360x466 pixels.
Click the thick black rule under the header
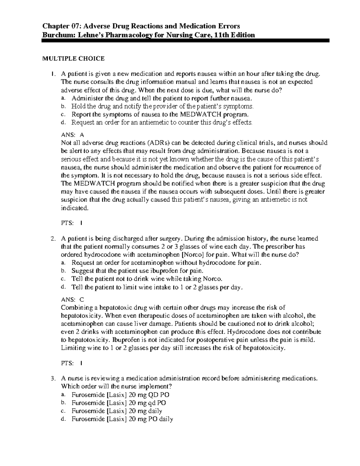coord(186,41)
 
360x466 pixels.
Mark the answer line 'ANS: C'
coord(72,299)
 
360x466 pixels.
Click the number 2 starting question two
coord(53,239)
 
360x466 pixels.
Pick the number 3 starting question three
coord(53,379)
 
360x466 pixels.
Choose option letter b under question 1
coord(62,106)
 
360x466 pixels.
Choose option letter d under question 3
coord(62,419)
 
